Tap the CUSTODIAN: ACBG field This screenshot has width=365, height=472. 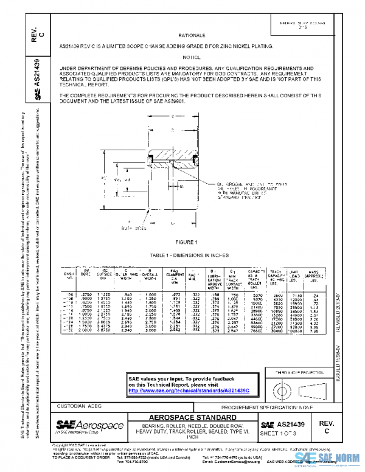[74, 405]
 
